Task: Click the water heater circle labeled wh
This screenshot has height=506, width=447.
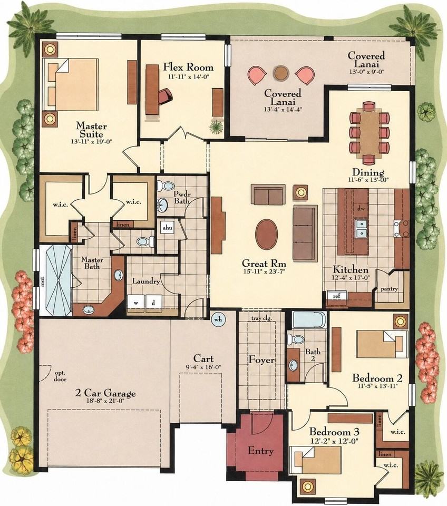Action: click(219, 319)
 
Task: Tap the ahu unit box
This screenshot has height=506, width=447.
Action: click(167, 228)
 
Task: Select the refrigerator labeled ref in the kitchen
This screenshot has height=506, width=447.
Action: click(337, 295)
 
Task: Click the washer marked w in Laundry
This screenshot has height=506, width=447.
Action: click(136, 303)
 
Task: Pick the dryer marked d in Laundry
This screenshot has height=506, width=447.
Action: click(153, 303)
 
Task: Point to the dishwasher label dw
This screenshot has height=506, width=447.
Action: click(361, 209)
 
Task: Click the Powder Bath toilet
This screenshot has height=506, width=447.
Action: click(166, 186)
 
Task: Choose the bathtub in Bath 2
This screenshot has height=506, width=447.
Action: click(309, 320)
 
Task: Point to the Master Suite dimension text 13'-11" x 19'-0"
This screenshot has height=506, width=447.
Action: click(91, 141)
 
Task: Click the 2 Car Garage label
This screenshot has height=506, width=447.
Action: click(105, 393)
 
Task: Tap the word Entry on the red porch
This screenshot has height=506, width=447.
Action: click(260, 451)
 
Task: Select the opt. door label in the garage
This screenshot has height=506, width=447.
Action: click(60, 376)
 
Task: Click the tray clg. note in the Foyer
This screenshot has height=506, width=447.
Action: click(261, 318)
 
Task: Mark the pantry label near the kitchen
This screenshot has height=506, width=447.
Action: click(389, 289)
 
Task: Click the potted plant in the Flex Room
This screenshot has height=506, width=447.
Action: click(216, 126)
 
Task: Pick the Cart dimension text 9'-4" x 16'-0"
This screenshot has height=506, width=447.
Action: click(203, 367)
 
